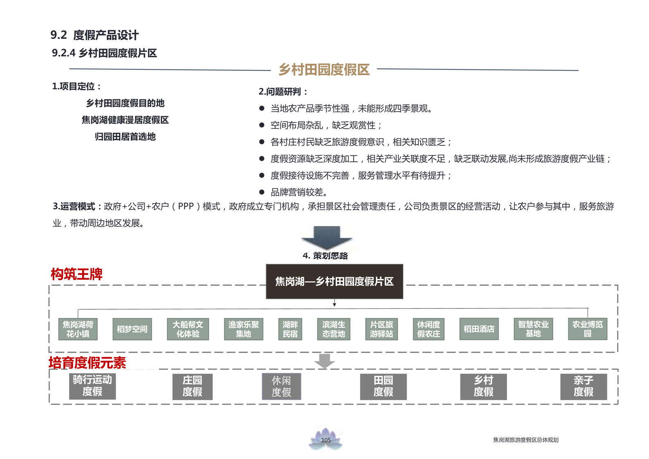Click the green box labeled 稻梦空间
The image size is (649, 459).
pos(132,329)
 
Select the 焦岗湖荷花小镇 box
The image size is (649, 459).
pos(78,329)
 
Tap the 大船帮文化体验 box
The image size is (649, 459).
pos(188,329)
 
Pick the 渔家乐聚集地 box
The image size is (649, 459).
pos(243,329)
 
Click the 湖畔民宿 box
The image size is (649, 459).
pos(290,329)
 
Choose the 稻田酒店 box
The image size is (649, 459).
pos(479,329)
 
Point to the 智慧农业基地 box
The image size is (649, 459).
pos(533,329)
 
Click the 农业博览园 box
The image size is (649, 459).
pos(587,329)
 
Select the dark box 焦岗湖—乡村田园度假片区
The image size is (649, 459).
pos(334,281)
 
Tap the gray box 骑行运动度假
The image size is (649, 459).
pos(92,386)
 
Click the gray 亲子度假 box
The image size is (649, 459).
pos(583,386)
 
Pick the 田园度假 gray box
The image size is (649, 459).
pos(383,386)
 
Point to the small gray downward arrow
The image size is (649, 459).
pos(325,361)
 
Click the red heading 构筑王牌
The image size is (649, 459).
pos(76,274)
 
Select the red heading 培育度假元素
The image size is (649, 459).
pos(88,362)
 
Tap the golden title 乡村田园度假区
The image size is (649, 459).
pos(324,70)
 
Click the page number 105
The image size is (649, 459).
pos(326,440)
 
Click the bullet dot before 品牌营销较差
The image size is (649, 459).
pos(262,192)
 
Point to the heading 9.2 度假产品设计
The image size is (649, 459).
pos(94,35)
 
